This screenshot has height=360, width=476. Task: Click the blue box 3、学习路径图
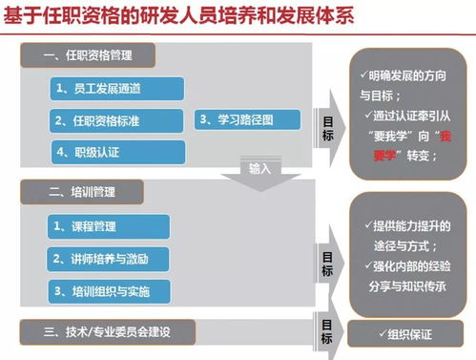[x=248, y=119]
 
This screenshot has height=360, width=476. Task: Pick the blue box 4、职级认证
[x=92, y=150]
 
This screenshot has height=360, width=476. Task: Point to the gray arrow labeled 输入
[x=260, y=172]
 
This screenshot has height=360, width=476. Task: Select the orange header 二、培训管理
[x=81, y=192]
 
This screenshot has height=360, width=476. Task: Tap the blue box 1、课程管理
[x=106, y=225]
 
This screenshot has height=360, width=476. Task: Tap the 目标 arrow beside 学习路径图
[x=328, y=128]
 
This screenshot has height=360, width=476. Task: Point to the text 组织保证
[x=413, y=335]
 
